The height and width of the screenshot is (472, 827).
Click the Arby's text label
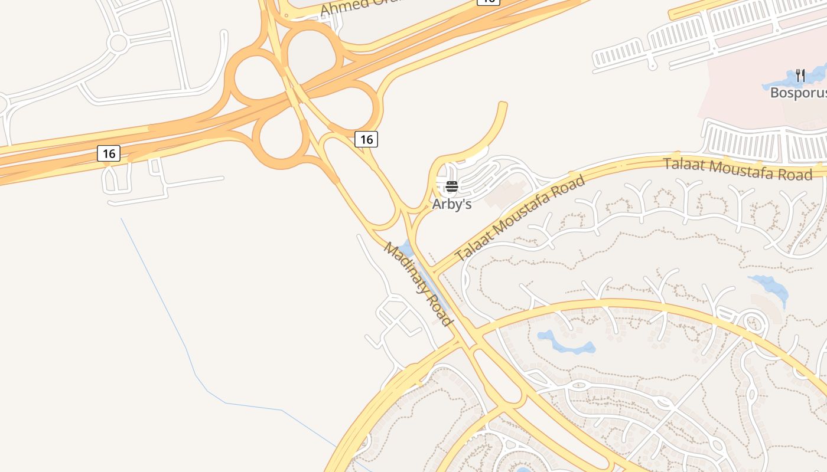click(x=452, y=204)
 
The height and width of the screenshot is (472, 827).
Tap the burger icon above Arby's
click(x=452, y=187)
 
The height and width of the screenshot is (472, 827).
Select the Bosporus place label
click(x=797, y=93)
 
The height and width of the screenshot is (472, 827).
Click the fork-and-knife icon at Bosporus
click(x=800, y=76)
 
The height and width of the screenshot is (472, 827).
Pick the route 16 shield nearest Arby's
click(x=366, y=139)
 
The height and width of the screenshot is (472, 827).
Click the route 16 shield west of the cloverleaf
click(x=109, y=154)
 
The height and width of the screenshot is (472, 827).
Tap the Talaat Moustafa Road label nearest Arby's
click(x=520, y=218)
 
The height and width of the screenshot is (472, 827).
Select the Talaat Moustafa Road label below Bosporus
click(x=738, y=169)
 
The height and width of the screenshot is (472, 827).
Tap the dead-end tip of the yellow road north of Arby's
click(x=503, y=106)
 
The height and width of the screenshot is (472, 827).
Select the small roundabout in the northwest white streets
click(x=118, y=43)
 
